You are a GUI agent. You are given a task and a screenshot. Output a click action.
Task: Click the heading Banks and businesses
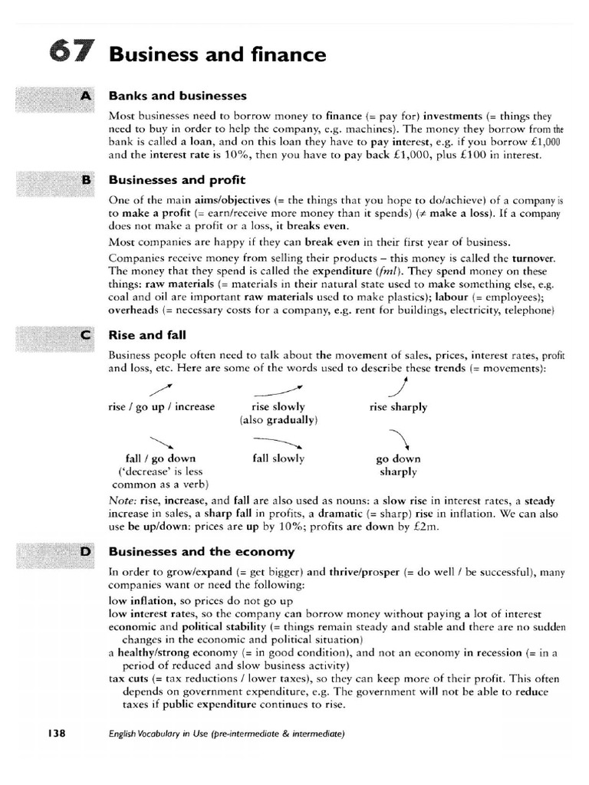pyautogui.click(x=177, y=96)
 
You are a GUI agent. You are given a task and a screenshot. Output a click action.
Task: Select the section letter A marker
pyautogui.click(x=85, y=96)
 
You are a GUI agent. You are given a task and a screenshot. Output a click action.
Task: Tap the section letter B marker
pyautogui.click(x=85, y=180)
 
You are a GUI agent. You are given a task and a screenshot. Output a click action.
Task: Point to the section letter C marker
pyautogui.click(x=85, y=335)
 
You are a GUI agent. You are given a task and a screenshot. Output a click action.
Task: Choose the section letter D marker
pyautogui.click(x=85, y=551)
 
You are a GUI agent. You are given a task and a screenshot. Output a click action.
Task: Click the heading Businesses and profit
pyautogui.click(x=176, y=180)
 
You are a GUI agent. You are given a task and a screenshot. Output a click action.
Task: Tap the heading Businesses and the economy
pyautogui.click(x=202, y=551)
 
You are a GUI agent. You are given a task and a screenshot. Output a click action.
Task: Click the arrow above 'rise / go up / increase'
pyautogui.click(x=160, y=391)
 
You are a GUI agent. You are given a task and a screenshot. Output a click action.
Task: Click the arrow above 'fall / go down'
pyautogui.click(x=160, y=442)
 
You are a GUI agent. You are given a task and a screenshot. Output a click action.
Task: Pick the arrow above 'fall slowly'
pyautogui.click(x=278, y=442)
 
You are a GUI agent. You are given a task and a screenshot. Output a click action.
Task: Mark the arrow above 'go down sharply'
pyautogui.click(x=399, y=439)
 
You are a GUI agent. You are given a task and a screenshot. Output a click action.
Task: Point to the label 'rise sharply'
pyautogui.click(x=398, y=407)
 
